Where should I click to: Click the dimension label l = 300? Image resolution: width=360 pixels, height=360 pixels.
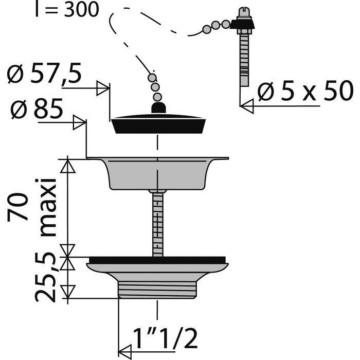(67, 9)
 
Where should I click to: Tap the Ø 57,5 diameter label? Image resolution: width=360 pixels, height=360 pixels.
(44, 74)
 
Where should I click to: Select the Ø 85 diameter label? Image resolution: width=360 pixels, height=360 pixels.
(37, 109)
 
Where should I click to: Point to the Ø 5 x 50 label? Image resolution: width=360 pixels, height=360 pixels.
(305, 91)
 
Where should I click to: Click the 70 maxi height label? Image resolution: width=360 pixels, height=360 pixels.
(32, 207)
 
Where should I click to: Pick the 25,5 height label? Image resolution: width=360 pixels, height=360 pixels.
(45, 278)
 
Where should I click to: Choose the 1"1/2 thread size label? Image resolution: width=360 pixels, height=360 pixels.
(165, 338)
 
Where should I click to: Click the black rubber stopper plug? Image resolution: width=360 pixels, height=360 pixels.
(158, 124)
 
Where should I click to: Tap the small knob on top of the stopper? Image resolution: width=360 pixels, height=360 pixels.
(158, 107)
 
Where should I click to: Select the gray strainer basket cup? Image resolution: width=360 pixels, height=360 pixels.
(158, 174)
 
